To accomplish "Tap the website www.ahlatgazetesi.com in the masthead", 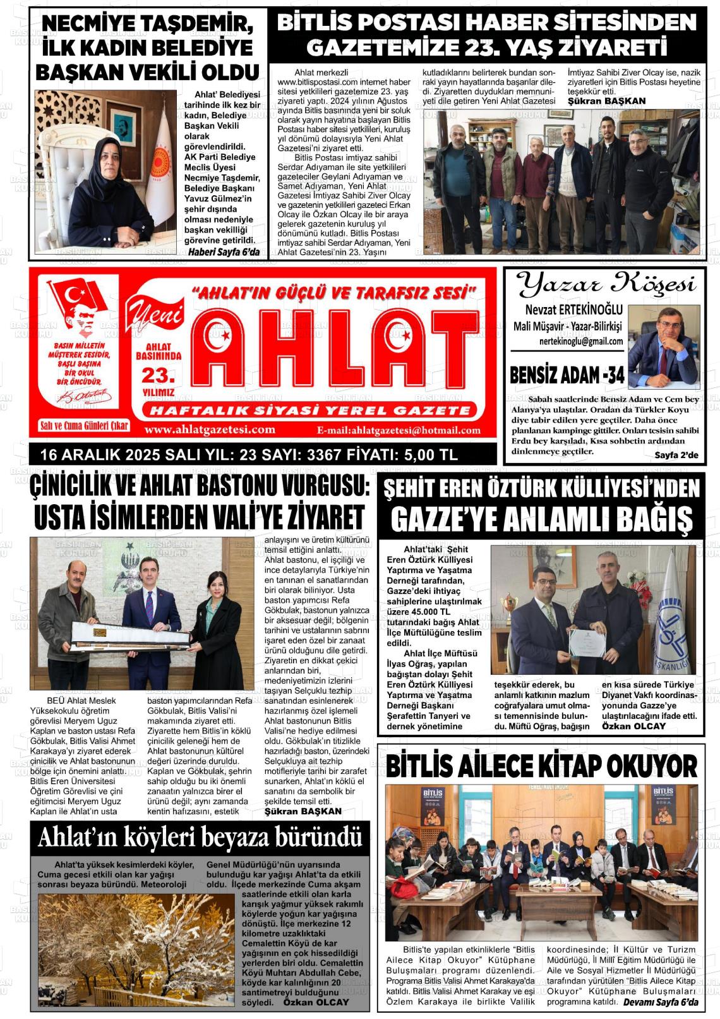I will [210, 430].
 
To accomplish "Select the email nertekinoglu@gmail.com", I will [581, 341].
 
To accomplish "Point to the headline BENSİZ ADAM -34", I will [567, 376].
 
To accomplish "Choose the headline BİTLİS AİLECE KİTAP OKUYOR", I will [541, 766].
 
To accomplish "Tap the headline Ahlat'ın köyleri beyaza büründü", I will [200, 838].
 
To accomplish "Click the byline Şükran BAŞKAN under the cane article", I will [303, 811].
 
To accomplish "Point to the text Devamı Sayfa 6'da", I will [661, 1003].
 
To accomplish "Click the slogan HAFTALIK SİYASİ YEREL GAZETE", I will [309, 411].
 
